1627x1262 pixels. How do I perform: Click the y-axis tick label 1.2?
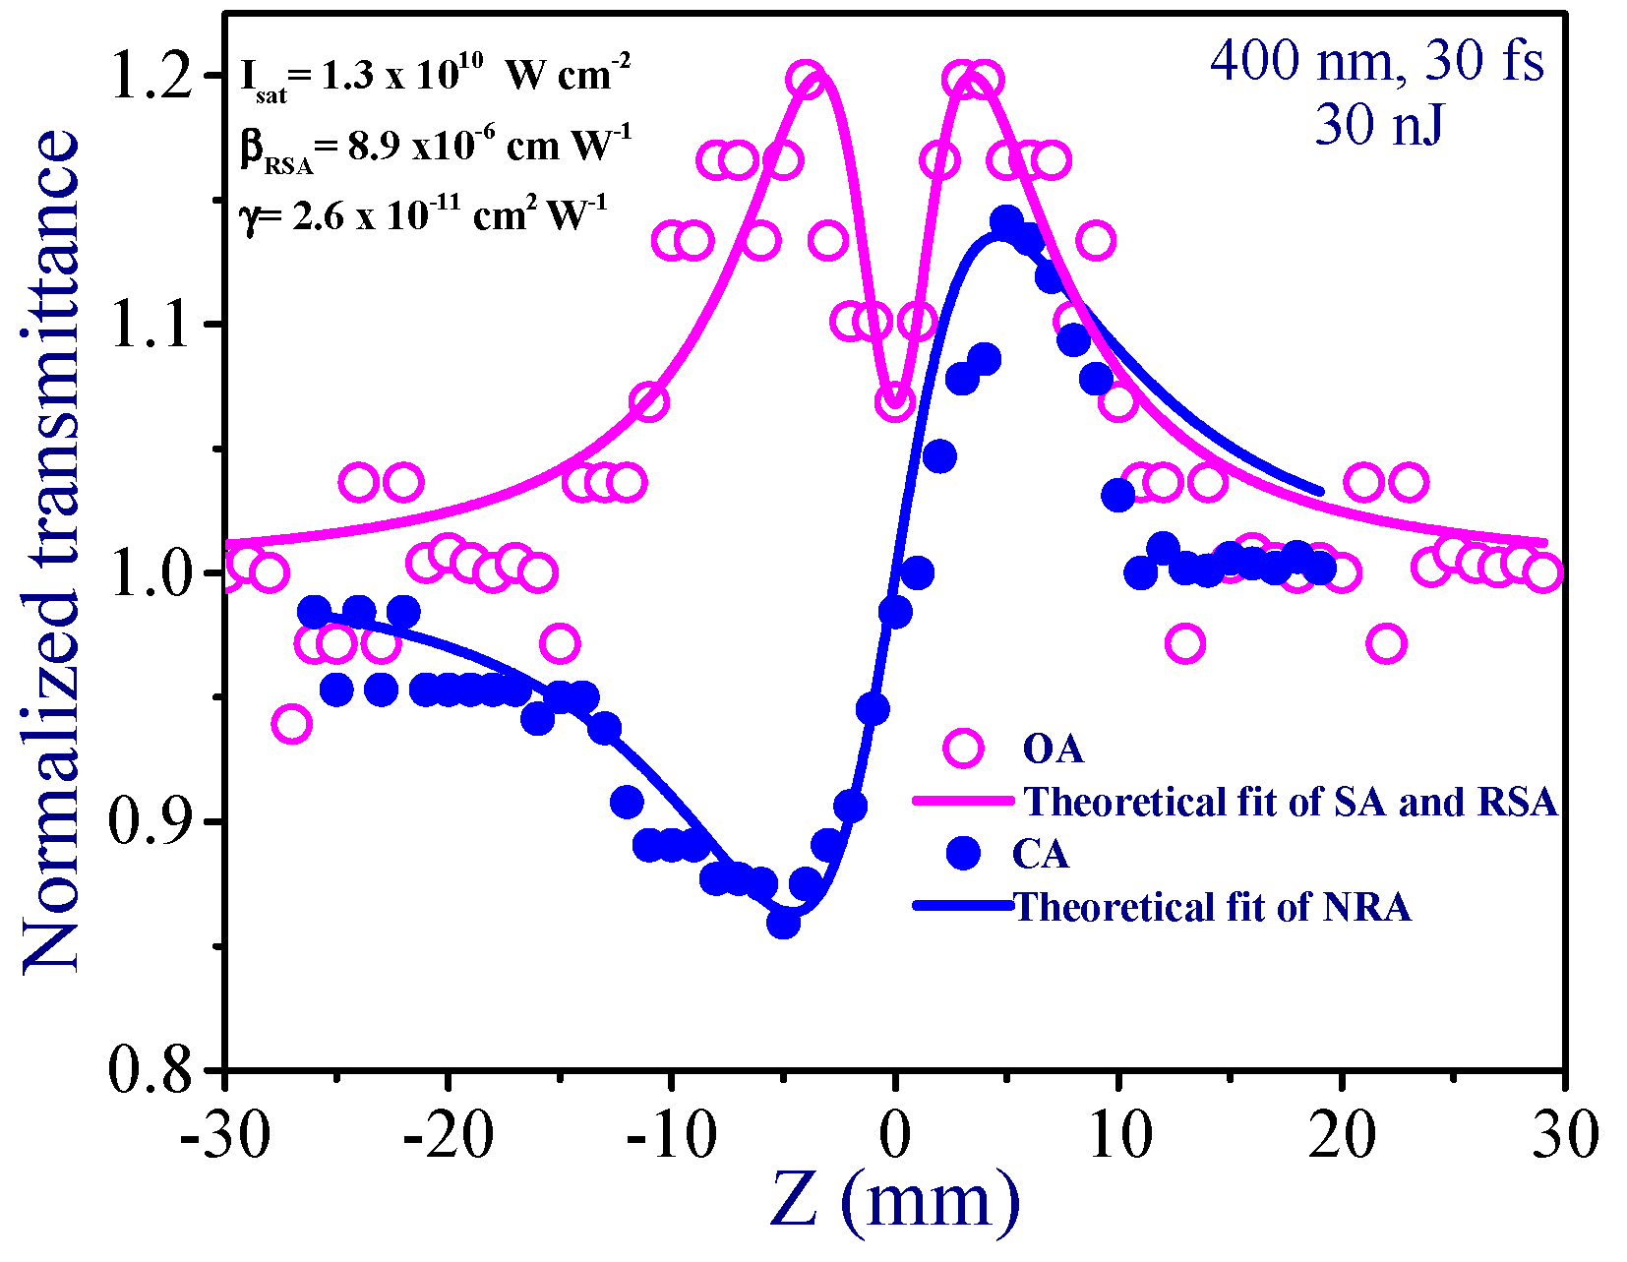point(151,77)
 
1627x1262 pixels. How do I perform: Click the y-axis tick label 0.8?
point(151,1070)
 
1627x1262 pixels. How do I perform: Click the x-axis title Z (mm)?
point(894,1200)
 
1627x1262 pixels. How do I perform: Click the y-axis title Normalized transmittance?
point(51,551)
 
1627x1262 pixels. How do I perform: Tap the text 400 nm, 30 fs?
point(1377,61)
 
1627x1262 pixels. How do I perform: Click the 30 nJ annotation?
point(1379,125)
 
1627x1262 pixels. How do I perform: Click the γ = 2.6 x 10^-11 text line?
point(423,215)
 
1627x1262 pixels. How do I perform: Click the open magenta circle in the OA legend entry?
point(963,749)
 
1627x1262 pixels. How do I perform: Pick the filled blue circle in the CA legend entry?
point(963,853)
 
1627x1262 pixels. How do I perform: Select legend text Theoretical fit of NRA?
point(1212,906)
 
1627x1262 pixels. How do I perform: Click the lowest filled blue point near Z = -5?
point(783,923)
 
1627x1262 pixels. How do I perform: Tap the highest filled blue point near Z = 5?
point(1005,221)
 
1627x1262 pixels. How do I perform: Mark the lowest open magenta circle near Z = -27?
point(291,725)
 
